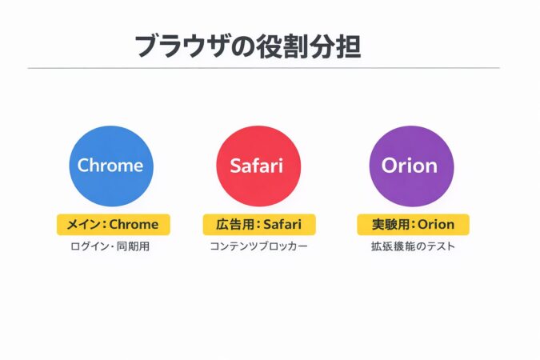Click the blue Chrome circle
click(110, 166)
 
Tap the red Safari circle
click(258, 166)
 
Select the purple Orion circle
click(410, 166)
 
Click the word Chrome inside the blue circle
click(110, 166)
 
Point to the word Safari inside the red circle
click(258, 166)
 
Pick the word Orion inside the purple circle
click(410, 166)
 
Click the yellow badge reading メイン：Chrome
click(113, 224)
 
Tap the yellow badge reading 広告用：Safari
click(259, 224)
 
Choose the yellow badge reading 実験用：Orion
click(413, 224)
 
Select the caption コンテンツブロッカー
click(258, 247)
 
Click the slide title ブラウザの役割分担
click(247, 46)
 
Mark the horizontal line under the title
click(264, 68)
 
